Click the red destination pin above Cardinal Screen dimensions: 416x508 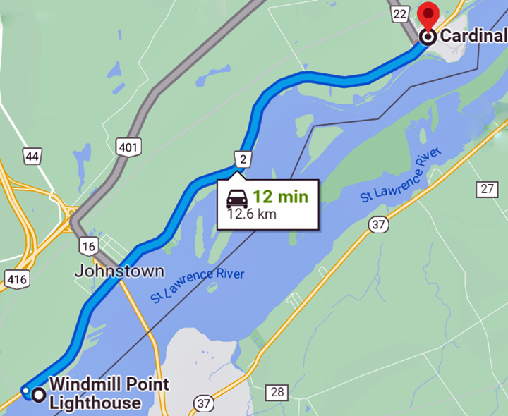pyautogui.click(x=428, y=16)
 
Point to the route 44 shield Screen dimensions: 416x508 pyautogui.click(x=32, y=156)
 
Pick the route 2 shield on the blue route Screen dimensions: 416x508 pyautogui.click(x=242, y=159)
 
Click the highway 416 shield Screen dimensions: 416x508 pyautogui.click(x=16, y=279)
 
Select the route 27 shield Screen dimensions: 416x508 pyautogui.click(x=486, y=189)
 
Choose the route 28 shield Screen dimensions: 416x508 pyautogui.click(x=278, y=392)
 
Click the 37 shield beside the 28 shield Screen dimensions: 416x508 pyautogui.click(x=204, y=403)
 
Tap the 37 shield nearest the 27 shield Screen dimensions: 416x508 pyautogui.click(x=378, y=224)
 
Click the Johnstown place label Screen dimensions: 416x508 pyautogui.click(x=119, y=271)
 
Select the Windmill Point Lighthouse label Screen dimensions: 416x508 pyautogui.click(x=109, y=393)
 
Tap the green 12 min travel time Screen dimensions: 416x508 pyautogui.click(x=281, y=197)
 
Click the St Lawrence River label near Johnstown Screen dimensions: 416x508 pyautogui.click(x=197, y=284)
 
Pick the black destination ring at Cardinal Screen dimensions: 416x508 pyautogui.click(x=427, y=37)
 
